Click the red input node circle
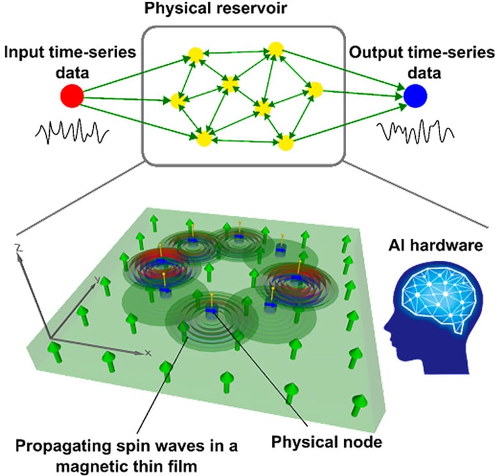tap(72, 96)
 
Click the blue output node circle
tap(414, 96)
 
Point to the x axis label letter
tap(148, 353)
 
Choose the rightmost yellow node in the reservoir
tap(314, 90)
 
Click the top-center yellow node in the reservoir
tap(276, 49)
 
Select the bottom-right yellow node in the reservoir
tap(285, 141)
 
